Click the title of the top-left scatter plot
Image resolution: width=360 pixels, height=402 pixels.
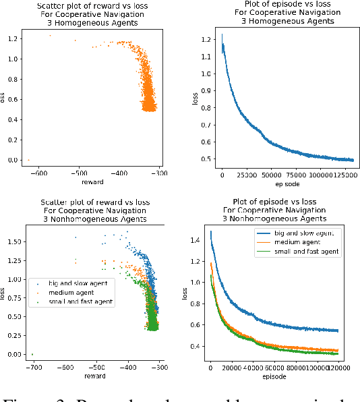tap(94, 14)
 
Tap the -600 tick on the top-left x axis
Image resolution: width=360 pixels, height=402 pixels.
tap(39, 173)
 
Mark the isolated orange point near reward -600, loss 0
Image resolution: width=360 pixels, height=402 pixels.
tap(28, 160)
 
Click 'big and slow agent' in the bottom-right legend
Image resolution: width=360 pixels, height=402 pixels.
tap(297, 233)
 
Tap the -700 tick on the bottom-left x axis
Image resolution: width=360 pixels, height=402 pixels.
tap(32, 368)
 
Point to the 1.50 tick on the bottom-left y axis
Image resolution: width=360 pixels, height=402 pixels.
tap(13, 241)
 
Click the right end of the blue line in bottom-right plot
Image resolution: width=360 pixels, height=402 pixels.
tap(338, 331)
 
